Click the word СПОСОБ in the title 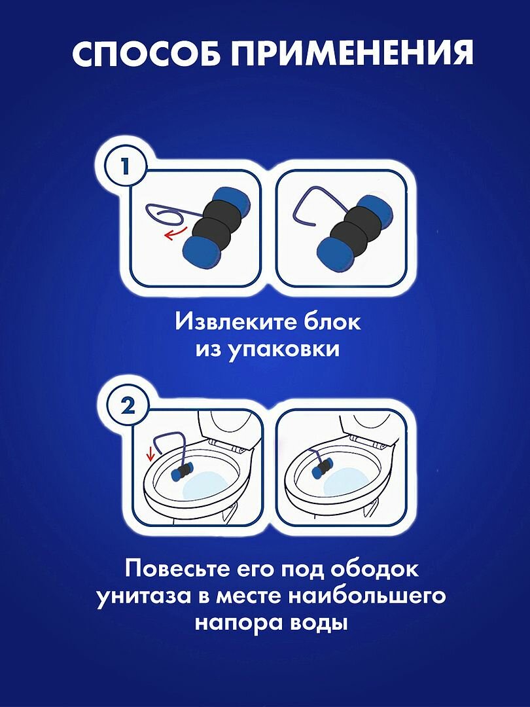pyautogui.click(x=147, y=54)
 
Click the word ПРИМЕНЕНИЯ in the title pyautogui.click(x=353, y=54)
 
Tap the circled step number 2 pyautogui.click(x=128, y=407)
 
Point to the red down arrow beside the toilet pyautogui.click(x=151, y=456)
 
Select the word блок pyautogui.click(x=326, y=322)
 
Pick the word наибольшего pyautogui.click(x=367, y=596)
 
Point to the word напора pyautogui.click(x=239, y=624)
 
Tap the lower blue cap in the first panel pyautogui.click(x=202, y=253)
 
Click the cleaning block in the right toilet pyautogui.click(x=323, y=469)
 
